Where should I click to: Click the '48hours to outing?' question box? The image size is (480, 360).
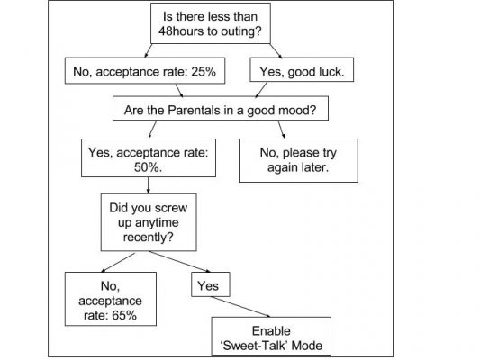point(211,23)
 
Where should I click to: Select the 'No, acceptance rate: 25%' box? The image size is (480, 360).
point(145,71)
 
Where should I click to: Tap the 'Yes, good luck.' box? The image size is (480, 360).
point(302,69)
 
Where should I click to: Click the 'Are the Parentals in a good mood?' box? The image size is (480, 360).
point(221,109)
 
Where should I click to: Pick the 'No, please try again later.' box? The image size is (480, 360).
point(298,160)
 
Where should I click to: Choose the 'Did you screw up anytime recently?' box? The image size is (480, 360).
point(149,222)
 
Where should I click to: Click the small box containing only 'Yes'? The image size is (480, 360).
point(211,284)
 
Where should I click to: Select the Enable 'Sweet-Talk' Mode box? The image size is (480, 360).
point(271,336)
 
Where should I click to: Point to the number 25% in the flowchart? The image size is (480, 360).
point(204,72)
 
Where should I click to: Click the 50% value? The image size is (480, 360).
point(148,167)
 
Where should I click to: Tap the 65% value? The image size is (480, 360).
point(124,315)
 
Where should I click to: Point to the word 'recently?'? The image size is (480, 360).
point(149,237)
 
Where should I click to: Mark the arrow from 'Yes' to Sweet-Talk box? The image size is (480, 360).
point(240,307)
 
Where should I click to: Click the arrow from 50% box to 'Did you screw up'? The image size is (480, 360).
point(149,185)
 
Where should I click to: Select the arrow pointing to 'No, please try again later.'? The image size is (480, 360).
point(282,130)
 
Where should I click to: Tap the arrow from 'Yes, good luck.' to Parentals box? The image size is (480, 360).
point(261,90)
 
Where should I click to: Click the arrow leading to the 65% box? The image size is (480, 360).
point(118,263)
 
